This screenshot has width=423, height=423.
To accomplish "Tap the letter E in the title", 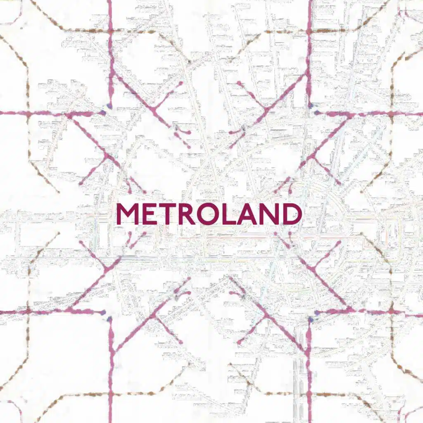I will (150, 214).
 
